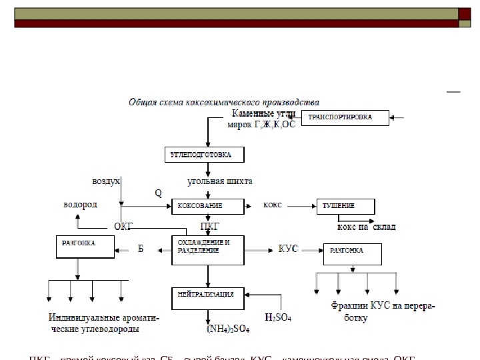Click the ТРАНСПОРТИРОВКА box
tap(346, 119)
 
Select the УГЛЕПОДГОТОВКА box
tap(205, 155)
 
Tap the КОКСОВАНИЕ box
tap(209, 205)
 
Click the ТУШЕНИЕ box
tap(348, 205)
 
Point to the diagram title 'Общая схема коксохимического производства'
tap(223, 102)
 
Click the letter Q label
tap(158, 193)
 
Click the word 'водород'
tap(80, 204)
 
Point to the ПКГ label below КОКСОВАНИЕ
tap(209, 227)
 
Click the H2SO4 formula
tap(278, 317)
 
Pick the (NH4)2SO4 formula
tap(228, 328)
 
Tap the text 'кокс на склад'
tap(366, 227)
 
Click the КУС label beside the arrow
tap(287, 249)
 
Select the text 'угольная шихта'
tap(220, 181)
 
